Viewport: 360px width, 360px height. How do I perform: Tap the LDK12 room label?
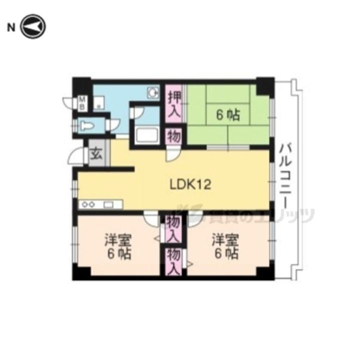[x=190, y=184]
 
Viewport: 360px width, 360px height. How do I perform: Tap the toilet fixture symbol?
[x=88, y=125]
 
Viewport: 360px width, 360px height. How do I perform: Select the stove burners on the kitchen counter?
[x=88, y=204]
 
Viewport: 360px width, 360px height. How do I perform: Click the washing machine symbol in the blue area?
[x=152, y=92]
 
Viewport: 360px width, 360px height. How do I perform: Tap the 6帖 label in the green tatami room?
[x=228, y=115]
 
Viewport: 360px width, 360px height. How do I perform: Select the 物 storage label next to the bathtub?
[x=173, y=136]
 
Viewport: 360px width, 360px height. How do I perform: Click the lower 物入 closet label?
[x=173, y=261]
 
